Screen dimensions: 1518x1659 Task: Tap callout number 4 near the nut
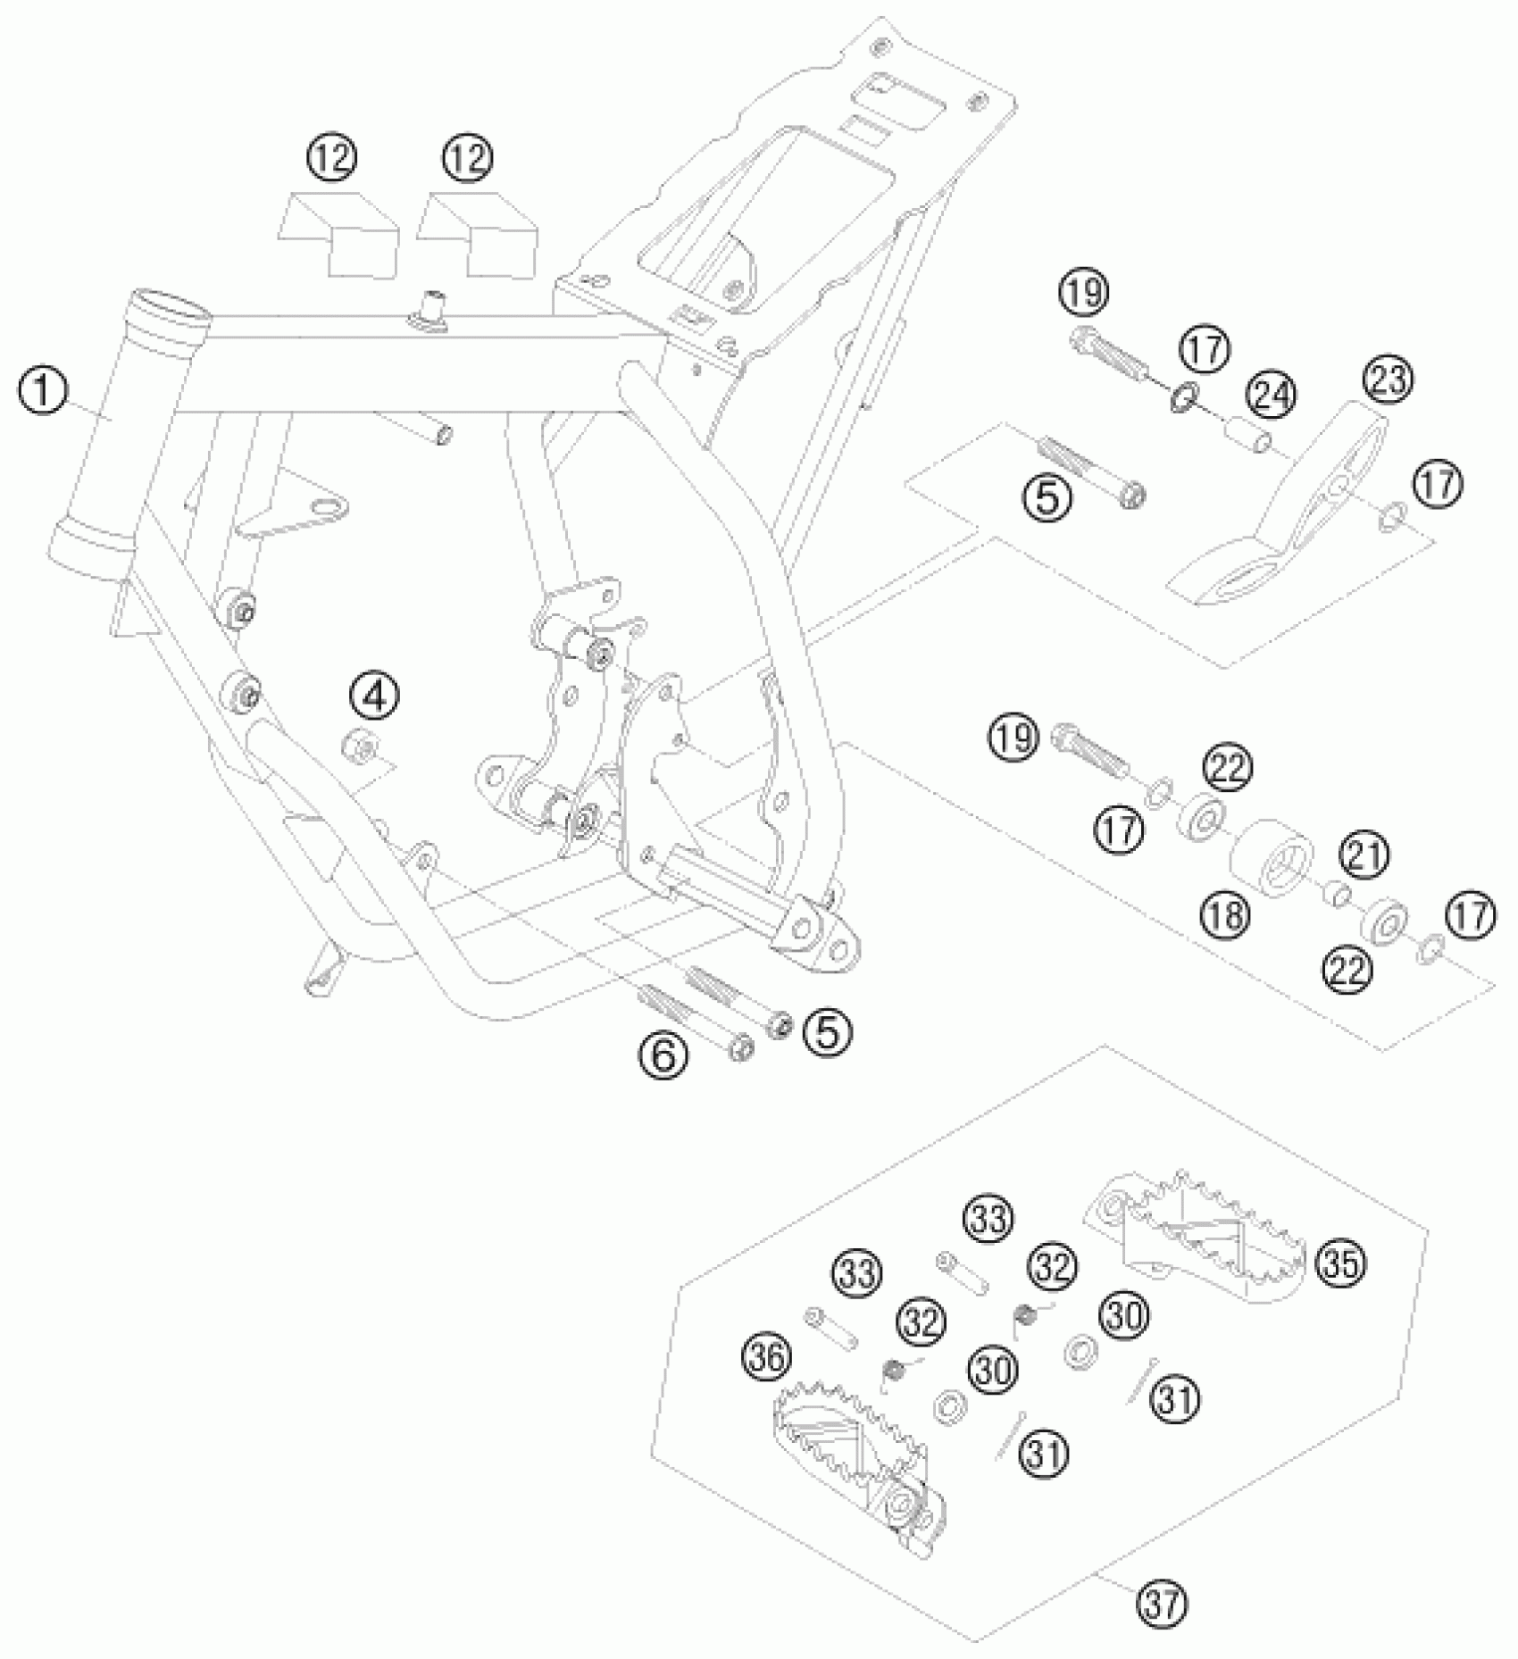click(374, 694)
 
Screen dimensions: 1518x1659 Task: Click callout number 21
click(1365, 855)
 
